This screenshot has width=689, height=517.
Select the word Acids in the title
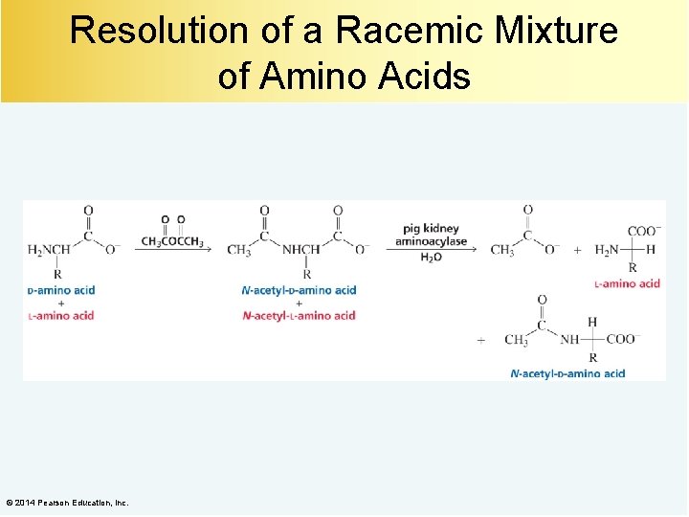[429, 75]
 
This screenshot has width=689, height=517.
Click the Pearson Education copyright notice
[67, 503]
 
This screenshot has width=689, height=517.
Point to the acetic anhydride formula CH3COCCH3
[172, 241]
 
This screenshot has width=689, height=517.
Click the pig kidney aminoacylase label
[431, 235]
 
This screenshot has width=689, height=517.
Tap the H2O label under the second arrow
[432, 258]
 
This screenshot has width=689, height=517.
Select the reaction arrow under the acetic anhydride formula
[172, 250]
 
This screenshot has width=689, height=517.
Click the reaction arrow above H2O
[431, 248]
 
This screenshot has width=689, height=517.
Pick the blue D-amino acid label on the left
[61, 290]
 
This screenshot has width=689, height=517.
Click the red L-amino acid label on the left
[60, 315]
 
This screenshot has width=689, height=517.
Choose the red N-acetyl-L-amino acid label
[300, 315]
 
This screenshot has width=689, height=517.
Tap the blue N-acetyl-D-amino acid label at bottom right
[567, 373]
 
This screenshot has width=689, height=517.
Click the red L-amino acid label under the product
[627, 283]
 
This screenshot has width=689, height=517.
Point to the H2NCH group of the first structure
[49, 250]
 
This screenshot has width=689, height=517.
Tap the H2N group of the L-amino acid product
[607, 250]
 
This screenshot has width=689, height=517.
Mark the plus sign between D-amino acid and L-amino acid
[60, 303]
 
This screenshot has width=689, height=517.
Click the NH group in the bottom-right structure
[570, 339]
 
